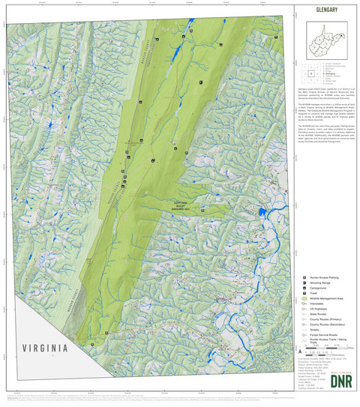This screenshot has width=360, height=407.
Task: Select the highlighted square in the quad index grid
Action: coord(310,75)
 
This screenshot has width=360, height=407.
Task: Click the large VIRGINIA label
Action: coord(45,349)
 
